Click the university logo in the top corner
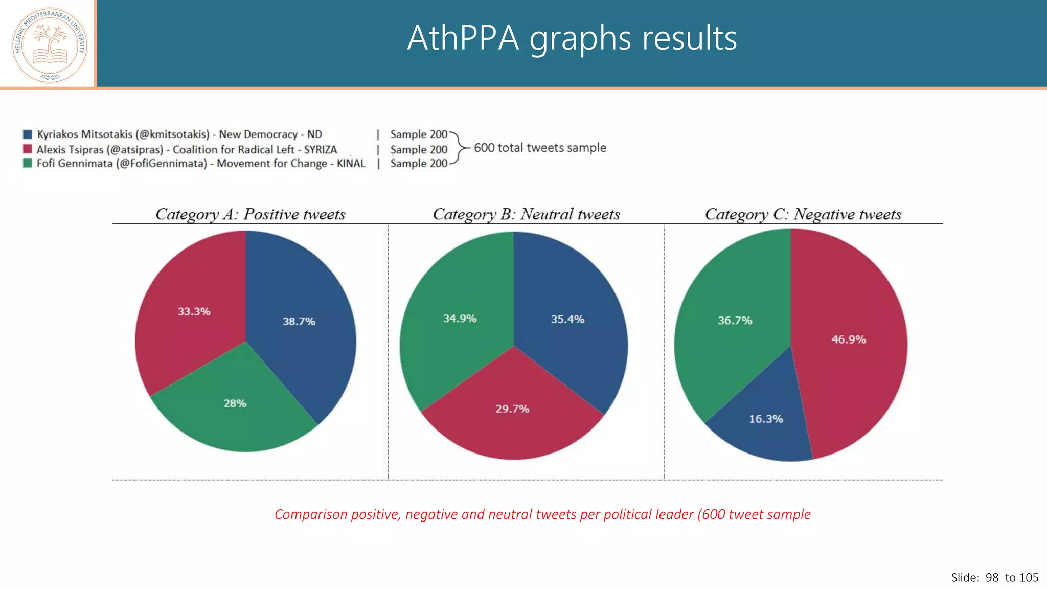click(x=50, y=45)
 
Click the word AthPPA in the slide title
click(x=463, y=38)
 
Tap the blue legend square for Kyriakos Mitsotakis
click(x=28, y=134)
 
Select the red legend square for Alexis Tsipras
click(x=28, y=149)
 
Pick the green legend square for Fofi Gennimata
click(x=28, y=163)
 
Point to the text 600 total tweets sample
click(x=540, y=148)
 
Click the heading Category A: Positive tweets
click(x=250, y=214)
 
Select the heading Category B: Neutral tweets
click(x=526, y=214)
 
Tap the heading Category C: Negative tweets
click(x=803, y=214)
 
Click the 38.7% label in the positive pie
click(x=299, y=322)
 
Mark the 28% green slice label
click(x=235, y=403)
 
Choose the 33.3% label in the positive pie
click(x=194, y=311)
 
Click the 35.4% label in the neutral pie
click(x=567, y=320)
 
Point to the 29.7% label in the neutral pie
click(x=512, y=409)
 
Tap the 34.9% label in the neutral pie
click(x=460, y=319)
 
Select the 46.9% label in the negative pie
click(x=849, y=339)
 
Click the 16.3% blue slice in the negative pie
click(x=766, y=419)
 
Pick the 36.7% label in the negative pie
click(x=735, y=321)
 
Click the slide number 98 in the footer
click(x=992, y=578)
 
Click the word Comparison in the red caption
click(x=311, y=514)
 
